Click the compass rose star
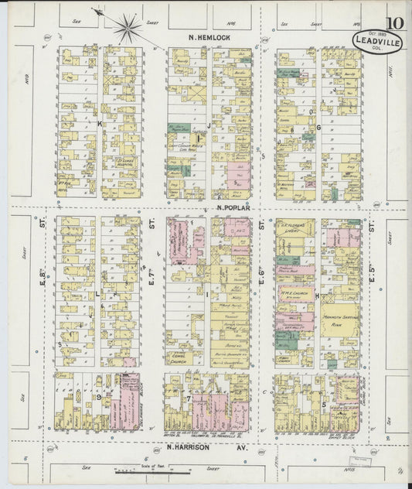(127, 28)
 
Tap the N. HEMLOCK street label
(206, 36)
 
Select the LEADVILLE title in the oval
(377, 43)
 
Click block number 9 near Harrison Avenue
(100, 397)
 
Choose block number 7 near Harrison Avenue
(188, 398)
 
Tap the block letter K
(99, 123)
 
